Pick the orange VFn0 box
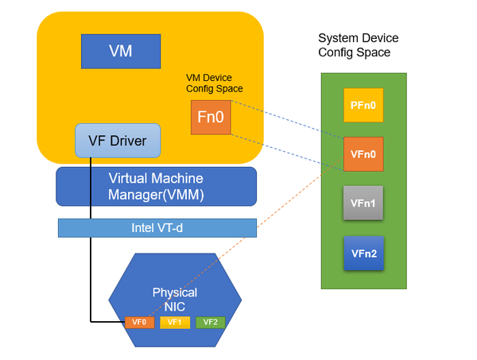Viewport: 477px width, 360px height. click(x=363, y=155)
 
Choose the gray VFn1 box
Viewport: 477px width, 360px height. click(x=363, y=204)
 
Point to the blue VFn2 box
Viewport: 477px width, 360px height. click(x=363, y=254)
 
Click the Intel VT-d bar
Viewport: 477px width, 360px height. click(x=157, y=228)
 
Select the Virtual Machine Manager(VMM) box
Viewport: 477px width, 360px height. click(x=156, y=186)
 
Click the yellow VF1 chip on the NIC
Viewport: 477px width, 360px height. click(x=174, y=322)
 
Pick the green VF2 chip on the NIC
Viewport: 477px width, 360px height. click(x=211, y=322)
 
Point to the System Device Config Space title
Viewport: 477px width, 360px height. click(x=358, y=45)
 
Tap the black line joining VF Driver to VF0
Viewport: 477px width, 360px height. click(x=91, y=262)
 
